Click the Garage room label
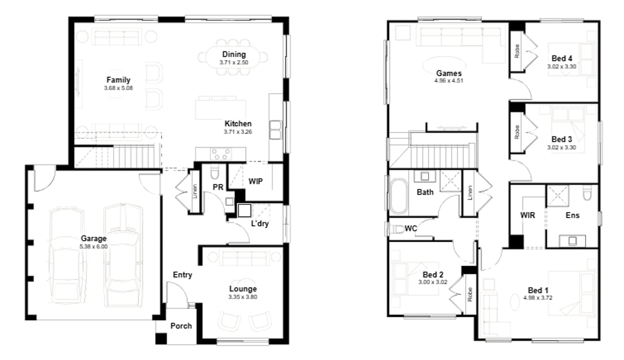click(x=94, y=239)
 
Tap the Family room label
click(x=118, y=80)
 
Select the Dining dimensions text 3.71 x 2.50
click(x=234, y=62)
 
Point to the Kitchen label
click(x=238, y=124)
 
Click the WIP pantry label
click(x=255, y=182)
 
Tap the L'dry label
click(x=259, y=224)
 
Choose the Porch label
click(x=181, y=326)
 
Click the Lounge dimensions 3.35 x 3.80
click(x=243, y=297)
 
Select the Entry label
click(x=183, y=275)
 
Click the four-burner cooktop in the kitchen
click(x=221, y=153)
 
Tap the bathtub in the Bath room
click(x=400, y=196)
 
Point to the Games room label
click(x=448, y=73)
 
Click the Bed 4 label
click(x=562, y=59)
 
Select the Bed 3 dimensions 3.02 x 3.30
click(x=562, y=147)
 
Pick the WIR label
click(x=527, y=215)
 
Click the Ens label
click(x=573, y=215)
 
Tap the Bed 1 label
click(x=538, y=290)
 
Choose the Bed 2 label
click(x=433, y=275)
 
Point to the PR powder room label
click(x=218, y=187)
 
